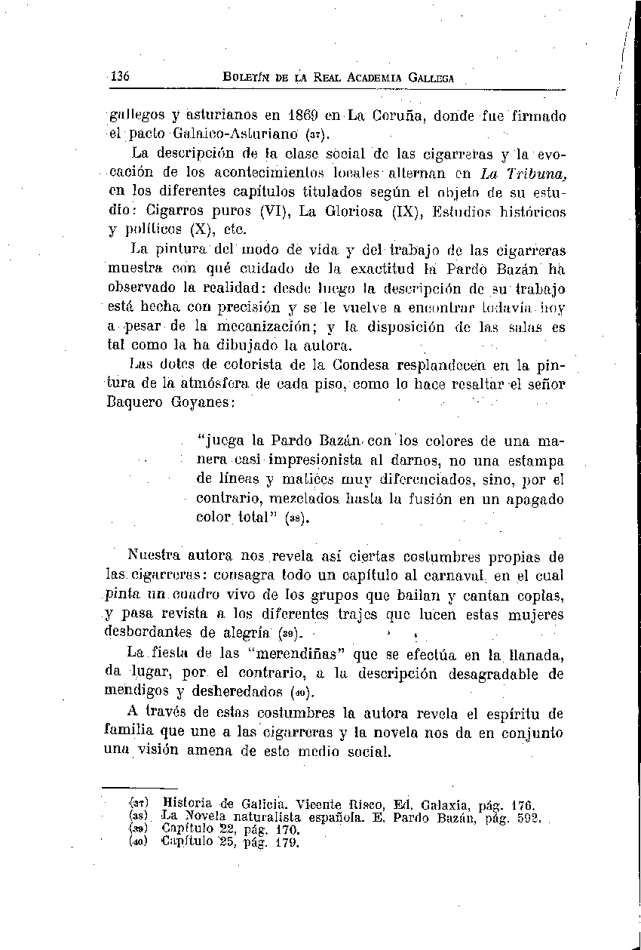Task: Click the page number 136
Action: [x=121, y=77]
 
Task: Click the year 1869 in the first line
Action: [x=305, y=117]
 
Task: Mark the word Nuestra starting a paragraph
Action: [x=155, y=558]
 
